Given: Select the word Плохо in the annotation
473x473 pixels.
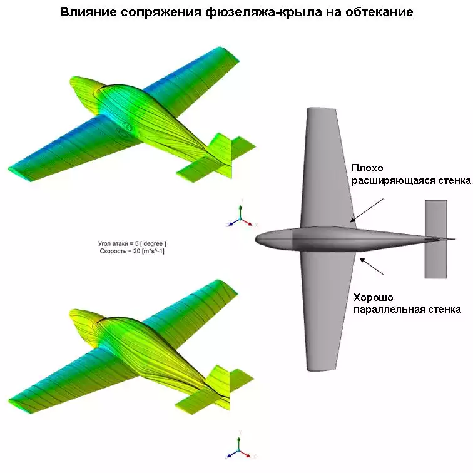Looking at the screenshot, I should coord(367,168).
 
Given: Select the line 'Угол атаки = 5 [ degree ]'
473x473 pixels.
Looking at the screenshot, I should coord(132,243).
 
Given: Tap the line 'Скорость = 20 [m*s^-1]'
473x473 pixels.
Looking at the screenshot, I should coord(132,251).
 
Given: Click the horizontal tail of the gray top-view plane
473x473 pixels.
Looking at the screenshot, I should coord(435,239).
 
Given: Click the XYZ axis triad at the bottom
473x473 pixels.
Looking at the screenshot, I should coord(240,445).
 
